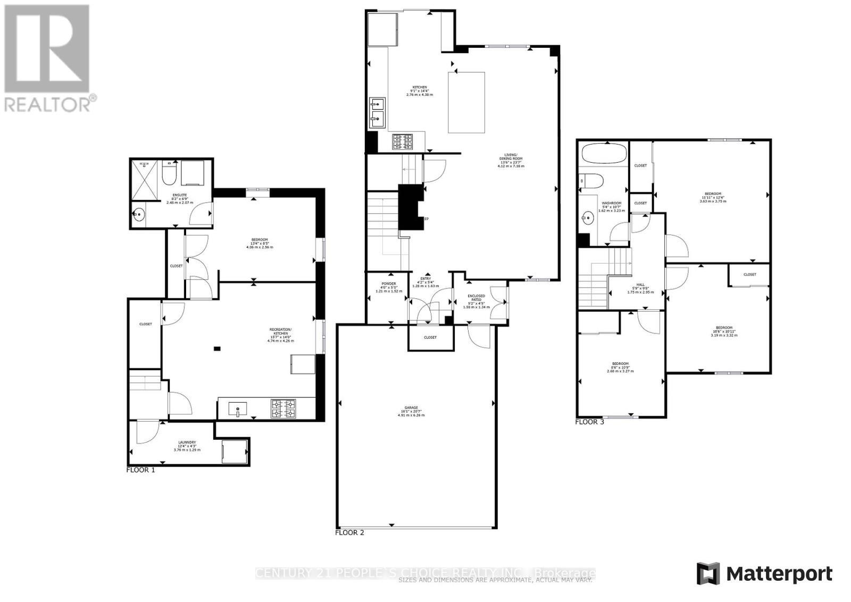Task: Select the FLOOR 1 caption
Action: tap(140, 470)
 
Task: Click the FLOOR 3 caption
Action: tap(589, 422)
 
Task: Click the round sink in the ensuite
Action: tap(139, 215)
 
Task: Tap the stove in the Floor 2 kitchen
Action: tap(403, 142)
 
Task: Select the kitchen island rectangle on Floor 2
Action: tap(466, 103)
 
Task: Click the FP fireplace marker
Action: tap(426, 219)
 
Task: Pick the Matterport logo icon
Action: tap(708, 574)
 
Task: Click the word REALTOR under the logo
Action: tap(48, 104)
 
